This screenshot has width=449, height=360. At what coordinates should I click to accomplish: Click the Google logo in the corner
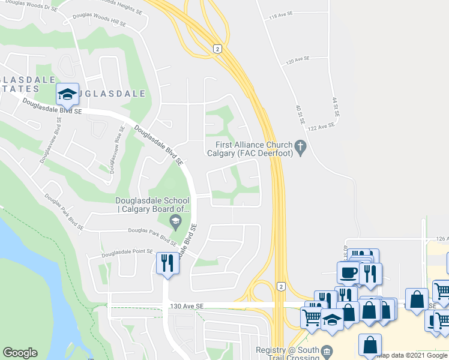[x=20, y=353]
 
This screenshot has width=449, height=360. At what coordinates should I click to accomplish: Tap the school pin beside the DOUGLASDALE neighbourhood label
[x=68, y=94]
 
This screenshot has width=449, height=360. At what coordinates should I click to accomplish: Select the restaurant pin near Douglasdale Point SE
[x=167, y=262]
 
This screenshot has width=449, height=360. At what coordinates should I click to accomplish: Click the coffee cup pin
[x=348, y=272]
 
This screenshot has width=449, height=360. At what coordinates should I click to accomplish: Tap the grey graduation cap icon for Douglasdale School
[x=175, y=223]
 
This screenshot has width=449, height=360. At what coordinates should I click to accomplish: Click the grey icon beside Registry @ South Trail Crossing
[x=326, y=350]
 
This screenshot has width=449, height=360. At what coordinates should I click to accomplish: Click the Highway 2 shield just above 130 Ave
[x=280, y=286]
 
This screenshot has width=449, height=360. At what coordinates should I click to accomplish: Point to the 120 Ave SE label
[x=297, y=60]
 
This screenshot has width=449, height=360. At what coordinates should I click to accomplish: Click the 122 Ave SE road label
[x=321, y=127]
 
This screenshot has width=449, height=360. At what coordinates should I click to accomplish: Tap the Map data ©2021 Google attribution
[x=412, y=355]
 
